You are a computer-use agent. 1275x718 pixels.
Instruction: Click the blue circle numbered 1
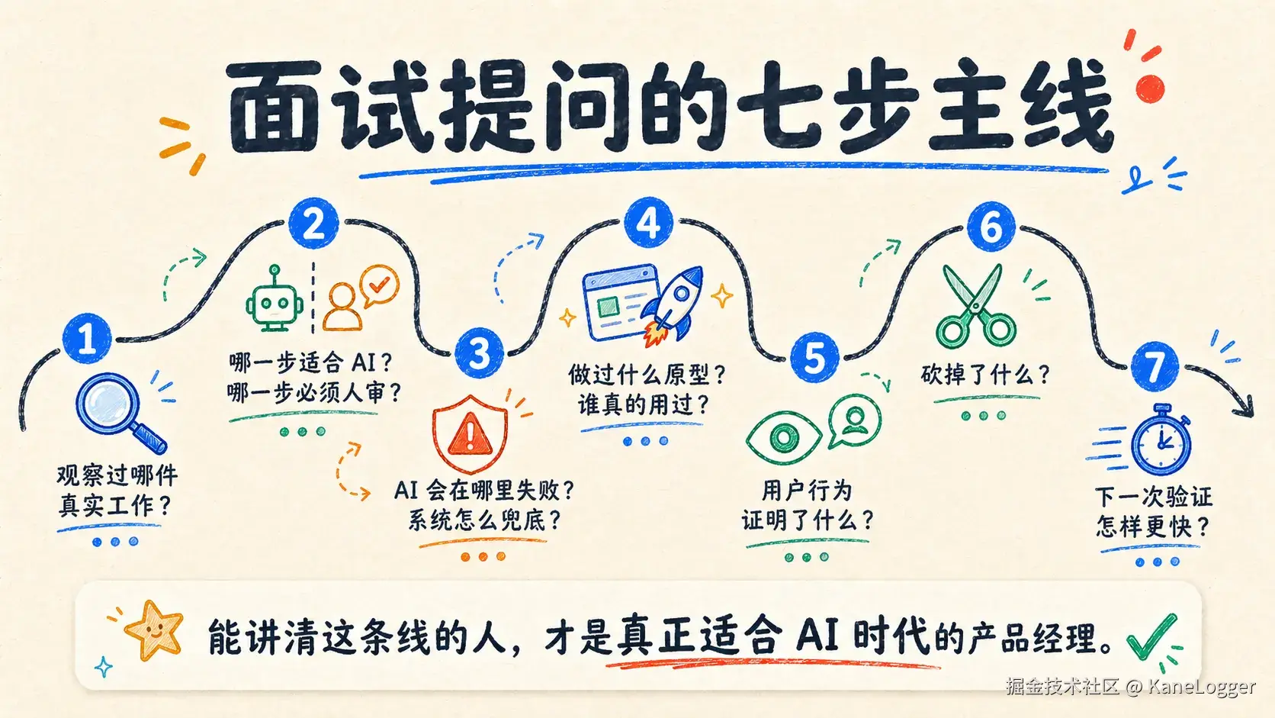[87, 338]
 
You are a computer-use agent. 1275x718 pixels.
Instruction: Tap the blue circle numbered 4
[648, 224]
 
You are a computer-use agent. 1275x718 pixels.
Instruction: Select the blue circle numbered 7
[1155, 367]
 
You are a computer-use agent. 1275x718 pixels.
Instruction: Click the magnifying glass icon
[118, 411]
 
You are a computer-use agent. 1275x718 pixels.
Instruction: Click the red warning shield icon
[470, 433]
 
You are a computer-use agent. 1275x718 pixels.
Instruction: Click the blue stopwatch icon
[1161, 440]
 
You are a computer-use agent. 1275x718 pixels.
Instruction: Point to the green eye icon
[783, 438]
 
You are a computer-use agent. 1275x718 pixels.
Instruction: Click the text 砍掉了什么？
[985, 375]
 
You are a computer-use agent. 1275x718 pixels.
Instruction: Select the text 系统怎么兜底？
[484, 520]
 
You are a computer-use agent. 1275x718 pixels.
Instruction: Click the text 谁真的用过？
[644, 404]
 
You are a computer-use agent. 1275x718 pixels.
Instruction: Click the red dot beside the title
[1150, 88]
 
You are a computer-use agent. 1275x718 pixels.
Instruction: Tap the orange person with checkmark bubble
[360, 298]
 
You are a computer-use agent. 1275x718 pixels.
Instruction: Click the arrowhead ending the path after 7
[1244, 406]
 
